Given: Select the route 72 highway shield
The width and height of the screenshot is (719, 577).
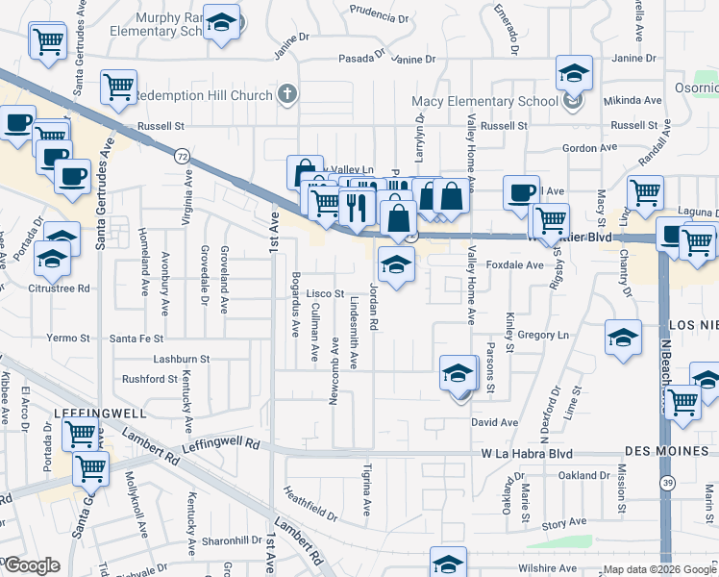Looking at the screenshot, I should coord(181,155).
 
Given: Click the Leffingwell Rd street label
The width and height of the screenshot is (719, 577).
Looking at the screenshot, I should coord(220,445).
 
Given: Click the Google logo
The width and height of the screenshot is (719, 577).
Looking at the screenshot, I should coord(31,565).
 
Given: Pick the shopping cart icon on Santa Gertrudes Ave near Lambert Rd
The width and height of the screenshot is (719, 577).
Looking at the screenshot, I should coord(89,469).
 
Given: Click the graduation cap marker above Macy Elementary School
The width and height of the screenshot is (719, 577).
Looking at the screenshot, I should coord(574,72).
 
